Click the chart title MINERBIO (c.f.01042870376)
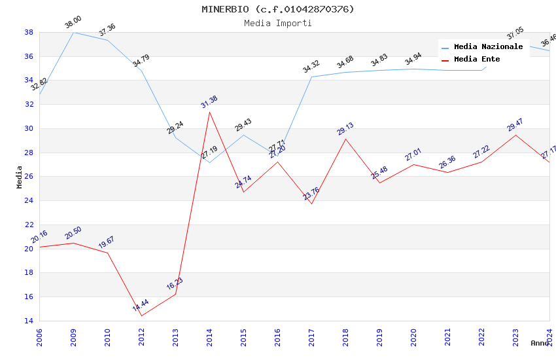(277, 9)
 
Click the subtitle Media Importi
(277, 23)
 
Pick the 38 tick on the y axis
(29, 32)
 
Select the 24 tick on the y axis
(29, 201)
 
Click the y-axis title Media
(20, 177)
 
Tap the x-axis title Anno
(540, 343)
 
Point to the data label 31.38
(209, 102)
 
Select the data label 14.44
(141, 306)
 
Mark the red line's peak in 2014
(210, 112)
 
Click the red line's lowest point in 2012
(141, 316)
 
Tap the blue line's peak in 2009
(73, 32)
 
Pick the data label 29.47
(515, 125)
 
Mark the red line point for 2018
(346, 139)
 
